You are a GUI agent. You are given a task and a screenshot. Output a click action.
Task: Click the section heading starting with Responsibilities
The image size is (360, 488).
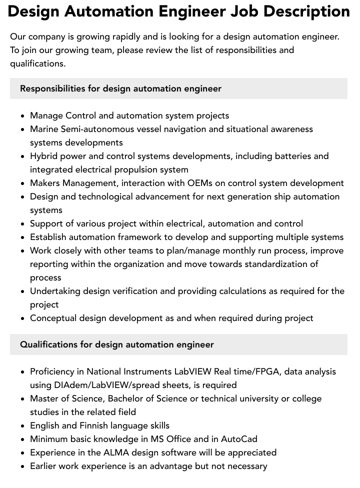[x=120, y=88]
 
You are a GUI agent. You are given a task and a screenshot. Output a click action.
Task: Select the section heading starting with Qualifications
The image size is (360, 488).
[x=117, y=344]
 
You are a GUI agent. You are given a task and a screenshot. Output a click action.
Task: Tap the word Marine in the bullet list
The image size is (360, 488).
[x=44, y=129]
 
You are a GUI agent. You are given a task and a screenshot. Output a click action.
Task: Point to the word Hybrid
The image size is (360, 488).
[x=44, y=156]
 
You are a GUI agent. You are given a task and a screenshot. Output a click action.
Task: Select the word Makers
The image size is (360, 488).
[x=44, y=183]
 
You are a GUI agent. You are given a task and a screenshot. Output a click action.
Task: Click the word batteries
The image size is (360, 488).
[x=293, y=156]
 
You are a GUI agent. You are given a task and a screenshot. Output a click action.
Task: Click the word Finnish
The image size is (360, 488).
[x=96, y=425]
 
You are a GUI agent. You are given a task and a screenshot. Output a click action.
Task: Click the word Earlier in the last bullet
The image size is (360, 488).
[x=43, y=466]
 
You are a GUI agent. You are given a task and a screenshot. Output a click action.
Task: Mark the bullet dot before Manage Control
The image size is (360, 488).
[x=23, y=116]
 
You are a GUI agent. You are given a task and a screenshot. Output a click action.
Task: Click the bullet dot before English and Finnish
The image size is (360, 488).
[x=23, y=426]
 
